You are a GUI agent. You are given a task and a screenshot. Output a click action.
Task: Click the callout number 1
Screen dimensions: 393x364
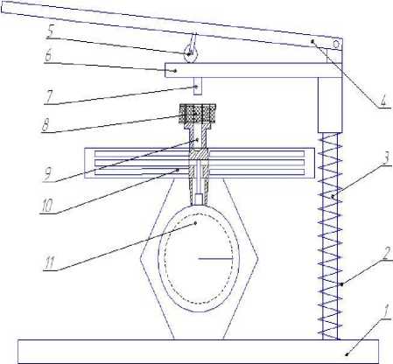(x=386, y=312)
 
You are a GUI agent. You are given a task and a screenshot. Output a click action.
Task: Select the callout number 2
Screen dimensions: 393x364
(x=386, y=254)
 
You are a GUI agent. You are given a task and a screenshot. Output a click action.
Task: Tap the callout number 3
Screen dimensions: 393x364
(x=386, y=158)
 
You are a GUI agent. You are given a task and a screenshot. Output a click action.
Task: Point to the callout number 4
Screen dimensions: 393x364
(x=382, y=101)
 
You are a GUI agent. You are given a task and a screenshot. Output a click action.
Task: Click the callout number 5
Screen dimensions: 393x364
(x=50, y=32)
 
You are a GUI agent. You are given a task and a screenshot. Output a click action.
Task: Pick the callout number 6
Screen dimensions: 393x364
(x=48, y=55)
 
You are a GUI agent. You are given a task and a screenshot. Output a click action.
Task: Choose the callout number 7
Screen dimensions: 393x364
(x=48, y=97)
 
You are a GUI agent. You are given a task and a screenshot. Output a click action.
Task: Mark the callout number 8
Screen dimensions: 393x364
(x=46, y=125)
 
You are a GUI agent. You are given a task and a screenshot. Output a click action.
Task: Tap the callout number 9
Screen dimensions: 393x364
(x=47, y=175)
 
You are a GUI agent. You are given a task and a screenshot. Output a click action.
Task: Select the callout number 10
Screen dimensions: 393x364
(x=47, y=206)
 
